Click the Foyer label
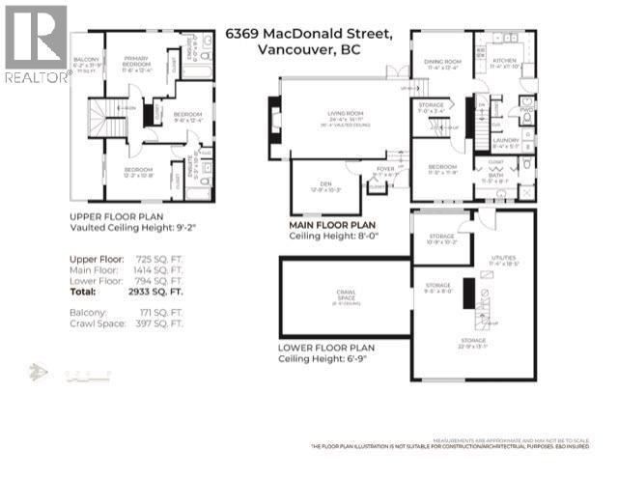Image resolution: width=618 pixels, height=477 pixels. [384, 171]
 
